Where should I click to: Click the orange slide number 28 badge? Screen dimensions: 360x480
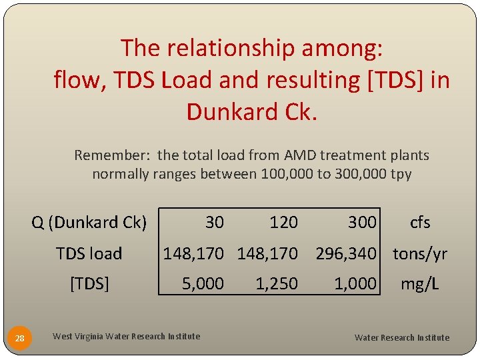click(x=20, y=338)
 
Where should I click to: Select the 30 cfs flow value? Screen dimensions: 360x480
click(x=214, y=222)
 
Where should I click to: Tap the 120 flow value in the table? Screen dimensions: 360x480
click(x=283, y=222)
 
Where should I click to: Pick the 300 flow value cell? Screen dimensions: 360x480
click(x=362, y=222)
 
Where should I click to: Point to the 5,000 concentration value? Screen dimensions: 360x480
click(x=203, y=284)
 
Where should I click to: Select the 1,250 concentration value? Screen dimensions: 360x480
click(x=277, y=284)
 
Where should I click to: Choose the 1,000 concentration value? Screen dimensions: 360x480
click(x=355, y=284)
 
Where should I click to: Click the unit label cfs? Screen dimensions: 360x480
click(x=420, y=222)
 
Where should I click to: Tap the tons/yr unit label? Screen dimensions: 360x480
click(x=420, y=253)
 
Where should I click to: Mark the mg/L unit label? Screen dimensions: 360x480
click(x=419, y=284)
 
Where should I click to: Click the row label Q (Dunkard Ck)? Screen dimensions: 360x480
click(x=89, y=222)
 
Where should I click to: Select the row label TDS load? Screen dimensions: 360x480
click(x=89, y=253)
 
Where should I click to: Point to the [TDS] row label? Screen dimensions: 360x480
click(x=89, y=284)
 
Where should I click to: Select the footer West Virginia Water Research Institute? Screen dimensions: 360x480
click(x=126, y=336)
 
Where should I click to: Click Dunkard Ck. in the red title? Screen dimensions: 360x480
click(x=251, y=112)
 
